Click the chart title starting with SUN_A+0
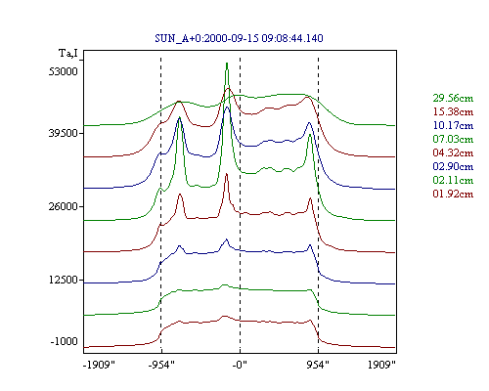point(239,38)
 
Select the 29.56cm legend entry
point(453,98)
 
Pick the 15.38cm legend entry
point(453,111)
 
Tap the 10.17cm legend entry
point(453,125)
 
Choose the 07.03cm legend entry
point(453,139)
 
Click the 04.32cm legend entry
point(453,152)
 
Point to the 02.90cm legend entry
point(453,166)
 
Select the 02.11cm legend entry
point(453,180)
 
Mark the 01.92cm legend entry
point(453,194)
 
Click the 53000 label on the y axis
point(64,71)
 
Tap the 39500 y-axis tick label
point(64,133)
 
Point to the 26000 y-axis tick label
point(64,206)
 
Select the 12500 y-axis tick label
point(64,280)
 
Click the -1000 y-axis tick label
point(64,341)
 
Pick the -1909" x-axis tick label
point(99,365)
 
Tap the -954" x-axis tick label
point(161,365)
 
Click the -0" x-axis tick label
point(240,365)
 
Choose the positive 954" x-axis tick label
point(318,365)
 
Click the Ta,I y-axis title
point(68,53)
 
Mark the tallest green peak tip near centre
point(227,63)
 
